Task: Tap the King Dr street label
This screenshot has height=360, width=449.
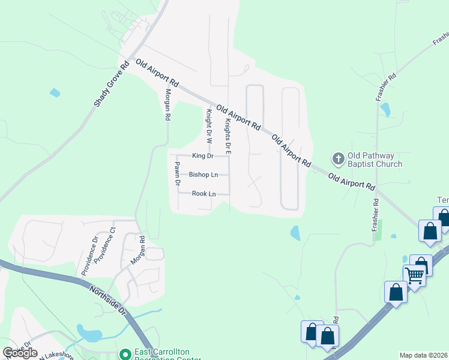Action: tap(203, 156)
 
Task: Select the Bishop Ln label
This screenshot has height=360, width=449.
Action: tap(203, 175)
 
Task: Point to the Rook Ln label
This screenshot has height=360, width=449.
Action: tap(203, 194)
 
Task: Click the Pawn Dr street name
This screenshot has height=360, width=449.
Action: tap(177, 174)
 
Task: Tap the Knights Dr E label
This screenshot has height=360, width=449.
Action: tap(228, 137)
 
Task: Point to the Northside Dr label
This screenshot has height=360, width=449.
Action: tap(108, 300)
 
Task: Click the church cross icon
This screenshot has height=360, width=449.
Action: tap(338, 159)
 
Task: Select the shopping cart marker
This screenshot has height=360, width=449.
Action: tap(414, 275)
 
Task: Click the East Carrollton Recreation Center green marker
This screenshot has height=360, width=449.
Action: tap(125, 355)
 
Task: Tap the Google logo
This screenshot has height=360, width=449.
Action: tap(20, 353)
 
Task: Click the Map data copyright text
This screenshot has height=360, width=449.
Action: tap(423, 355)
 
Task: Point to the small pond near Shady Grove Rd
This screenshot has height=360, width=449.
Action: tap(55, 92)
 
